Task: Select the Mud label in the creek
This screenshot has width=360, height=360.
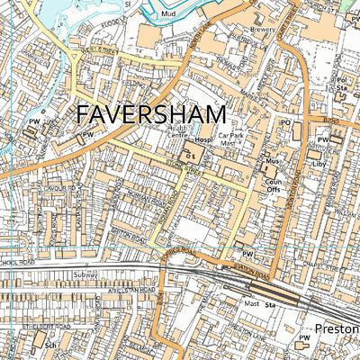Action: click(168, 14)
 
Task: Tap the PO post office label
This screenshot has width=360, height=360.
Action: click(287, 122)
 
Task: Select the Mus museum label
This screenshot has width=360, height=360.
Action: click(273, 162)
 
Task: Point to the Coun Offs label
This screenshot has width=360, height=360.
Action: click(274, 185)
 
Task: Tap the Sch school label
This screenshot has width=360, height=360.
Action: click(51, 344)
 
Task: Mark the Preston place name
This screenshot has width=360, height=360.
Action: click(337, 329)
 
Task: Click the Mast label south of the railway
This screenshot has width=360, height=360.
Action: click(252, 303)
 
